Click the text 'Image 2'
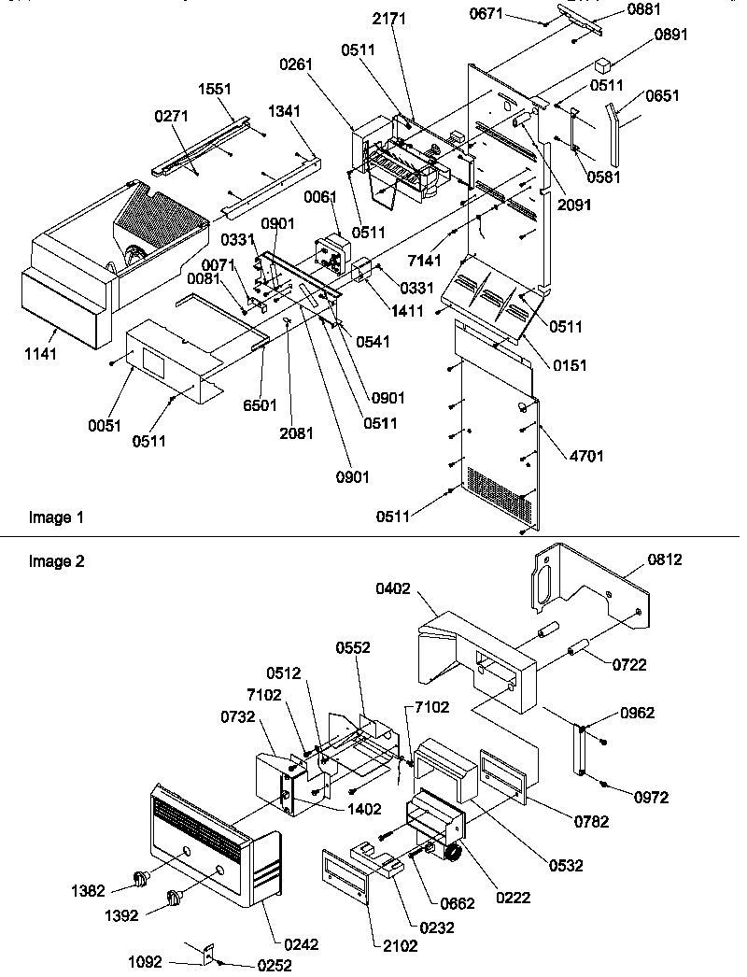click(x=50, y=561)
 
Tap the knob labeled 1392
click(x=173, y=899)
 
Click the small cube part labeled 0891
click(x=602, y=67)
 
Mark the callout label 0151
click(x=570, y=365)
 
